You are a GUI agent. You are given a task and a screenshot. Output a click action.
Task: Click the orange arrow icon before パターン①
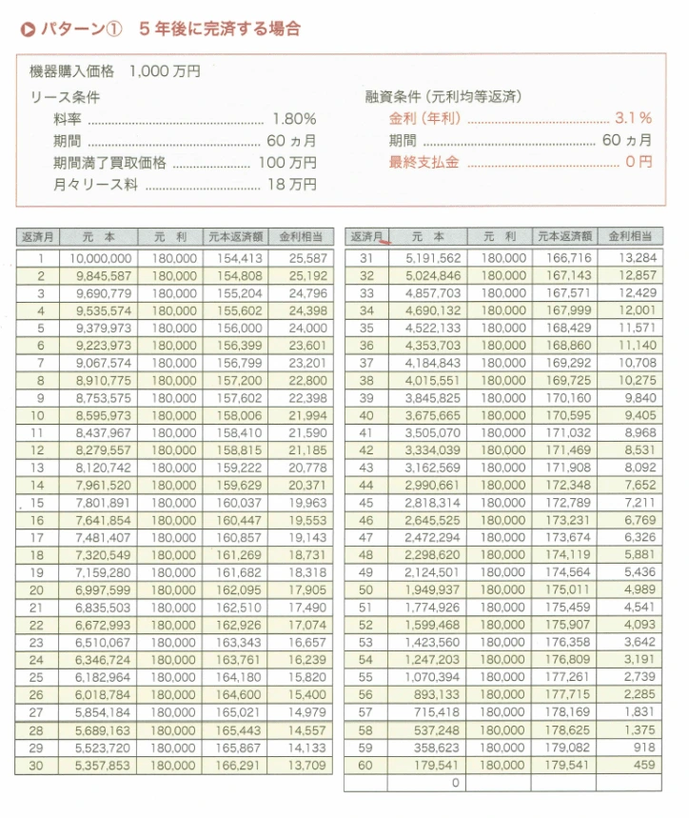click(27, 30)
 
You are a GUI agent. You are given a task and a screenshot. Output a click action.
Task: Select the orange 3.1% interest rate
click(632, 119)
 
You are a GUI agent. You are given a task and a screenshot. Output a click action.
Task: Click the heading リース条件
click(65, 97)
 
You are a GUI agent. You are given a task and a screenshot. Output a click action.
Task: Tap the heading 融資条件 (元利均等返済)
click(443, 97)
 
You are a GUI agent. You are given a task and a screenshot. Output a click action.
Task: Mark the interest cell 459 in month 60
click(644, 764)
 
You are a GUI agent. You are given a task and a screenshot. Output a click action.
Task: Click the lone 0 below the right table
click(455, 782)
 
